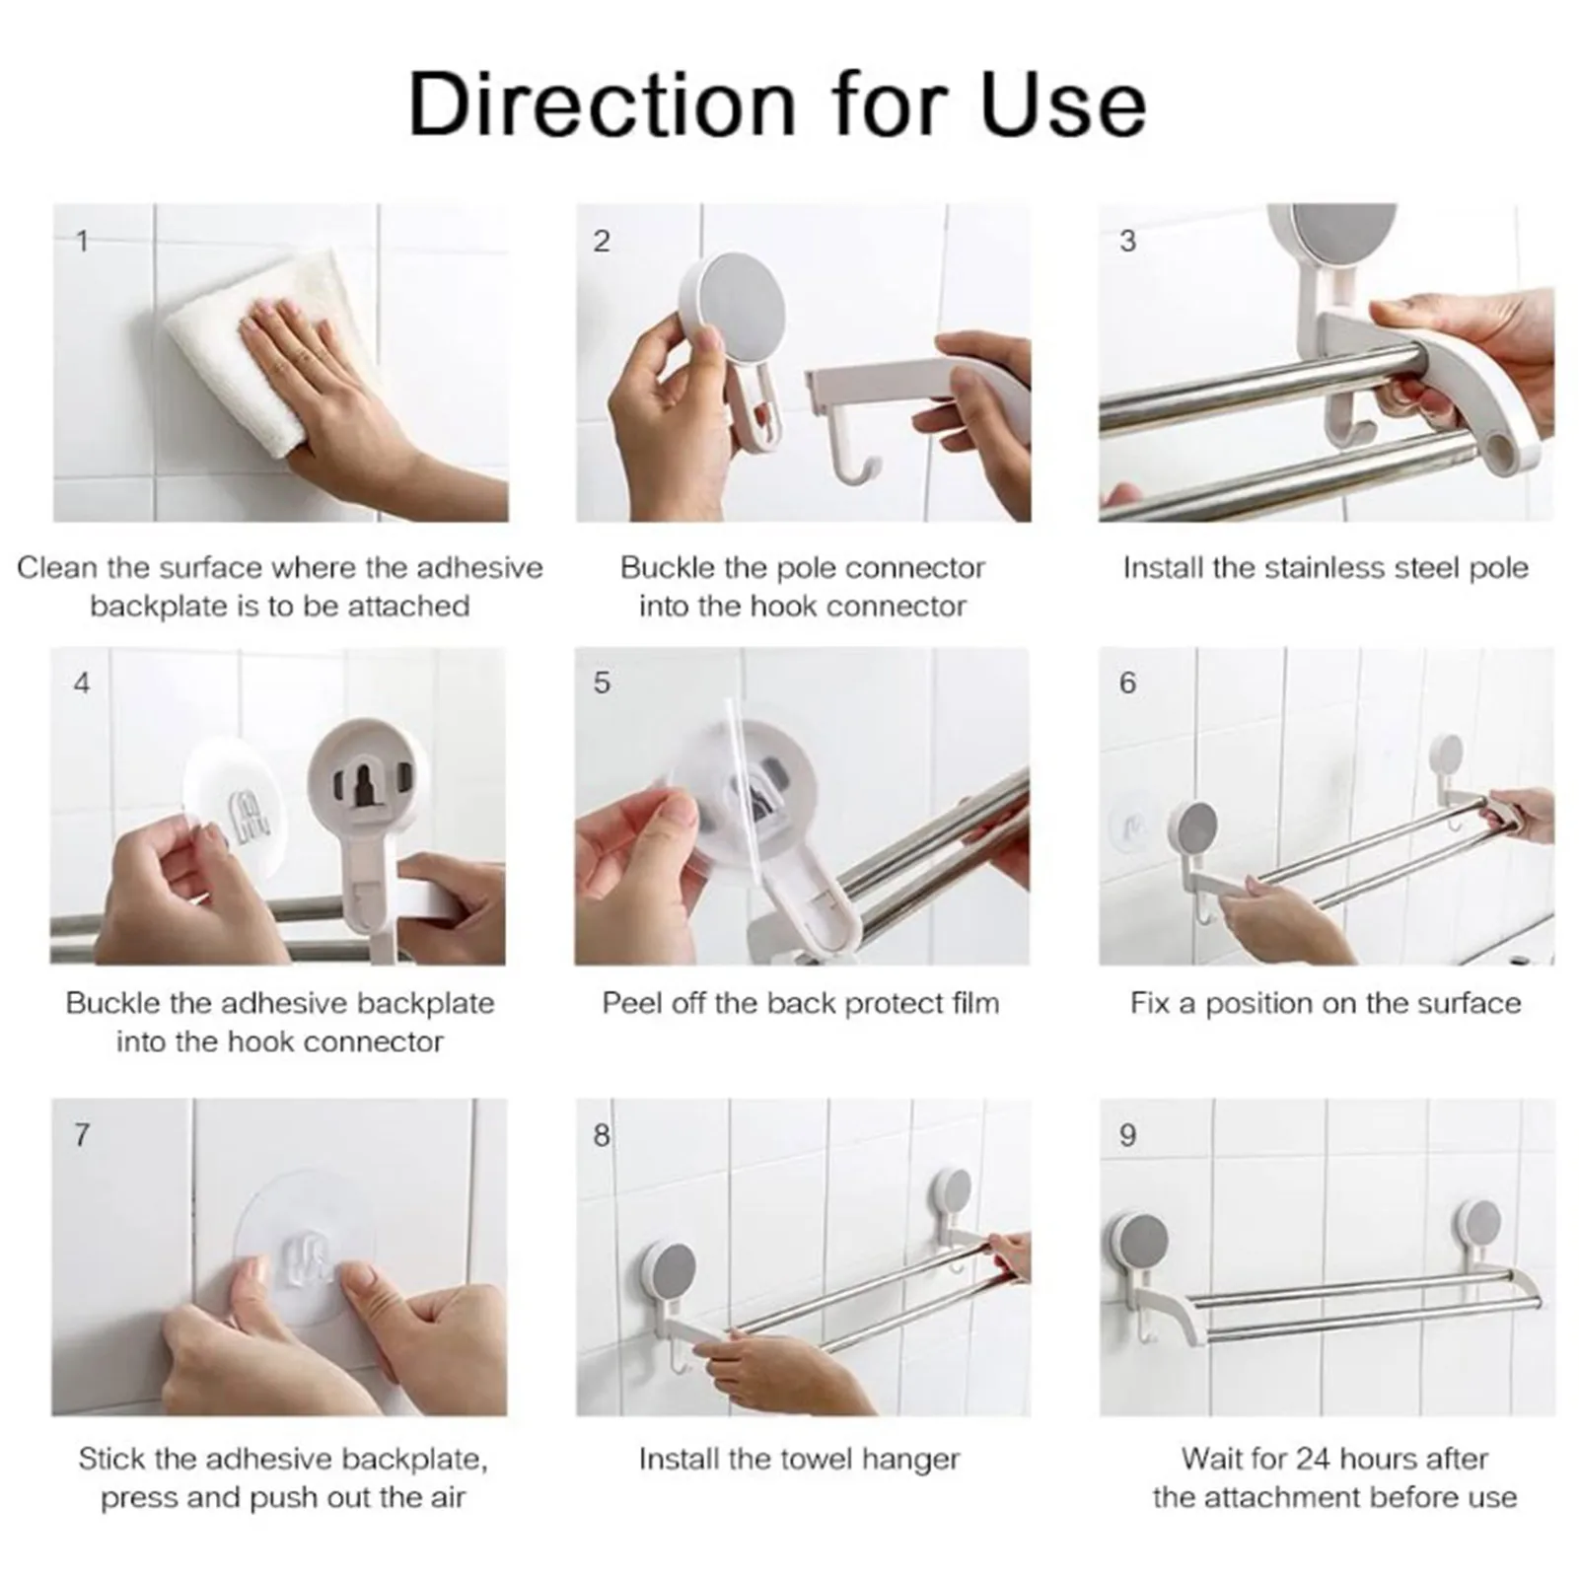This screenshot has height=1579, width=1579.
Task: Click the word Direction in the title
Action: pyautogui.click(x=602, y=104)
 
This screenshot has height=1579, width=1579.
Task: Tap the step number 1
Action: pyautogui.click(x=83, y=241)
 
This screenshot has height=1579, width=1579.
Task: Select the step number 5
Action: pyautogui.click(x=602, y=682)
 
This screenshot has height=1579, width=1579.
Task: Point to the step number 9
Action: pyautogui.click(x=1128, y=1135)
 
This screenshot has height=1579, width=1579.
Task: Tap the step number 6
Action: pyautogui.click(x=1128, y=682)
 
